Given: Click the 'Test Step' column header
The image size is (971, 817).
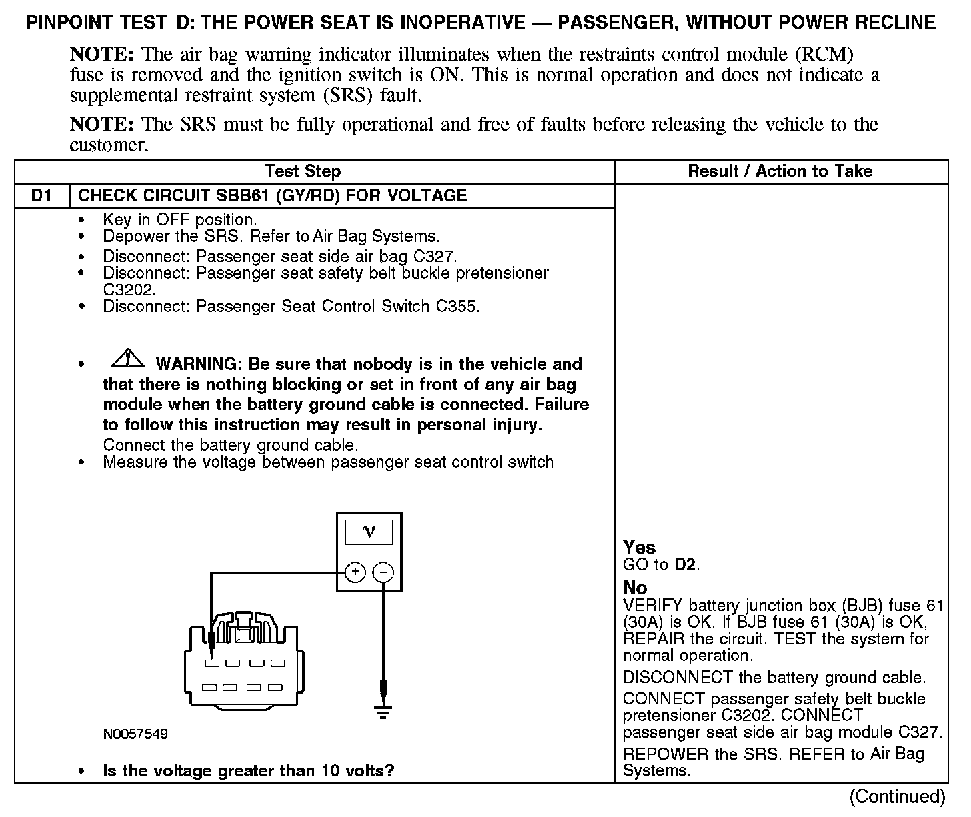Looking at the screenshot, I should pyautogui.click(x=303, y=171).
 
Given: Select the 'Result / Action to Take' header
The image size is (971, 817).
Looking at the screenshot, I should pyautogui.click(x=780, y=171).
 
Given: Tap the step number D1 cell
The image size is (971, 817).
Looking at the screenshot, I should pyautogui.click(x=41, y=196).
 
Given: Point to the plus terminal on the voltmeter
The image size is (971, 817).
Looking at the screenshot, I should pyautogui.click(x=355, y=572).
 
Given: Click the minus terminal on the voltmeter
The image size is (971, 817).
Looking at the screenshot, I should pyautogui.click(x=383, y=572).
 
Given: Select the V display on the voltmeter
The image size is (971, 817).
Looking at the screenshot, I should pyautogui.click(x=368, y=532).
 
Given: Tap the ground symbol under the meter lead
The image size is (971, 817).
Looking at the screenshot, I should pyautogui.click(x=383, y=712).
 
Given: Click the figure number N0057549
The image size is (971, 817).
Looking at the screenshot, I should pyautogui.click(x=135, y=734).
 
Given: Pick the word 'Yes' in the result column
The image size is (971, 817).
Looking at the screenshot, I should pyautogui.click(x=639, y=547).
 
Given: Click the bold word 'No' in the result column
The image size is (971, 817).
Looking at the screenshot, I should pyautogui.click(x=635, y=588).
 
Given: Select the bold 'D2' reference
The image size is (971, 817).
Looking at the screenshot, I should pyautogui.click(x=686, y=565).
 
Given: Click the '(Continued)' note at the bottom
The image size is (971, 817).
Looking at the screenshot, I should pyautogui.click(x=897, y=796).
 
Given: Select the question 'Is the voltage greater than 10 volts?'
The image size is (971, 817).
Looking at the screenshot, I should pyautogui.click(x=248, y=771).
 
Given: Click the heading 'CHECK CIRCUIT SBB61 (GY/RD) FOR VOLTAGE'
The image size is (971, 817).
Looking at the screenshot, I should pyautogui.click(x=272, y=196).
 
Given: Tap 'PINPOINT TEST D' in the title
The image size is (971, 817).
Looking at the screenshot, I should pyautogui.click(x=107, y=23).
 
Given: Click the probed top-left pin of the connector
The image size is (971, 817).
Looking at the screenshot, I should pyautogui.click(x=211, y=663).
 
